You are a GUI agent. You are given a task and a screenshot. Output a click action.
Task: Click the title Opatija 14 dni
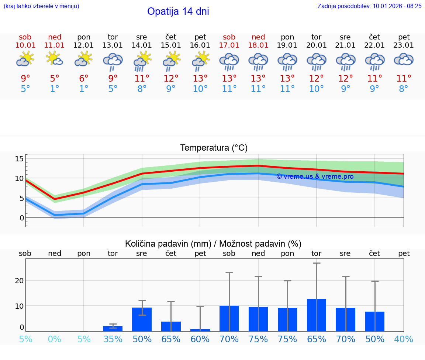178,11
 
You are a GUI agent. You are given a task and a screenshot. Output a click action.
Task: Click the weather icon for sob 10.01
25,59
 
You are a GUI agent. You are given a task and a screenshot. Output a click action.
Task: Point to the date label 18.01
258,45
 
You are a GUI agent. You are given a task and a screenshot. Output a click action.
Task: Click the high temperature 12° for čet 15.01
171,79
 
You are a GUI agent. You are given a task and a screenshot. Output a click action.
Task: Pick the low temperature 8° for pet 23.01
404,89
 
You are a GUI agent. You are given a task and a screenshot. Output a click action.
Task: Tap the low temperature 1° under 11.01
55,89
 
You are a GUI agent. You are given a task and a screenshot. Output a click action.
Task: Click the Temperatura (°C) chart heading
214,148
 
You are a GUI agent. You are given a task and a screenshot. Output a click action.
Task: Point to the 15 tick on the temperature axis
19,159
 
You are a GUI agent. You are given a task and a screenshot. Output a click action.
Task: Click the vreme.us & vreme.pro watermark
315,176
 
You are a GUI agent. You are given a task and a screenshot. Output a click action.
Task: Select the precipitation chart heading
213,244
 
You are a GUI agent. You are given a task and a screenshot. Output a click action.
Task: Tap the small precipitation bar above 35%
113,329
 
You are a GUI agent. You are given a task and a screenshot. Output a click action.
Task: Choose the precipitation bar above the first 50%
142,319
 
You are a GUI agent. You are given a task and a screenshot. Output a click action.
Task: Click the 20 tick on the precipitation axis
19,280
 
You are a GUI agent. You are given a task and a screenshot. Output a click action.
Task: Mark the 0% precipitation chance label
55,339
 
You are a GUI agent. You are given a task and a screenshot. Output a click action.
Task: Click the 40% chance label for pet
404,339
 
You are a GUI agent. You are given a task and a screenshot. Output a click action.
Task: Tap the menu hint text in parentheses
41,6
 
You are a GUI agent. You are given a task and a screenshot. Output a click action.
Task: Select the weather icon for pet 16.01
200,61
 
